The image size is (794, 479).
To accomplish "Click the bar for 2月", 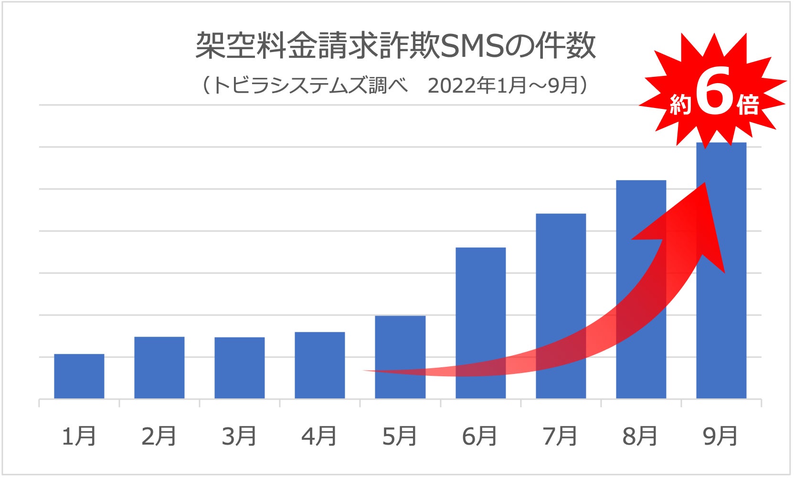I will pos(159,368).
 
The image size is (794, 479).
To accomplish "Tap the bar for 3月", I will pos(240,368).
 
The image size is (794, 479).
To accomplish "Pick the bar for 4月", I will pos(320,365).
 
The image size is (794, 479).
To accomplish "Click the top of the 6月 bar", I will pos(480,249).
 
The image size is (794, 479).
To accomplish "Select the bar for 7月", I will pos(561,287).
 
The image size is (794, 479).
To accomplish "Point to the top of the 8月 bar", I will pos(641,181).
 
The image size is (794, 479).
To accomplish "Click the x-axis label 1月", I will pos(79,436).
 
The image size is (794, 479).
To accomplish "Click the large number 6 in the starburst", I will pos(715,91).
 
